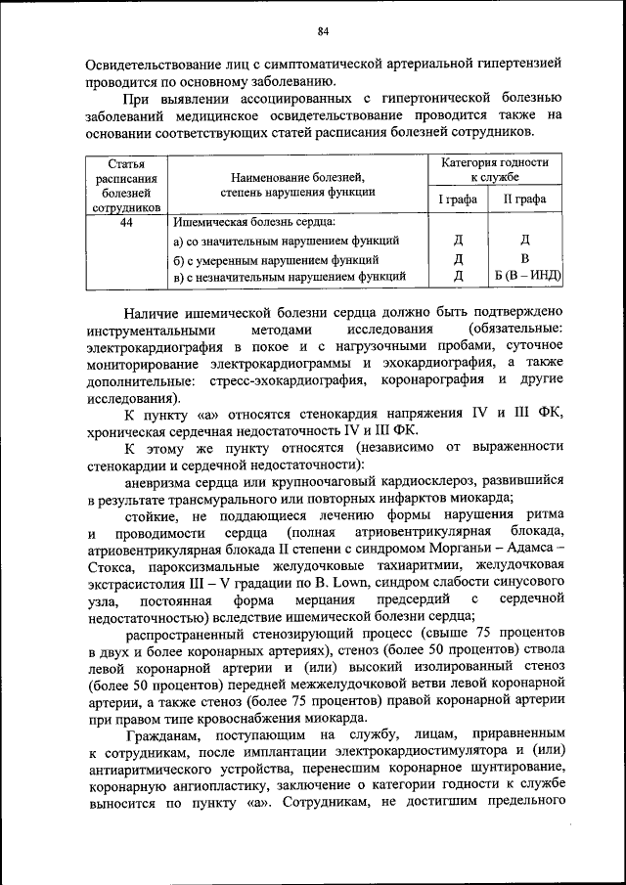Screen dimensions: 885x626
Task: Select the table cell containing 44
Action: tap(126, 223)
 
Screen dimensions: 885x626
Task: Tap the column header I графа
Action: tap(457, 199)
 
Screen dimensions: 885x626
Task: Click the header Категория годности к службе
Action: tap(493, 171)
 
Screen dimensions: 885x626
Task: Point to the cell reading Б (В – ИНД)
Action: tap(526, 277)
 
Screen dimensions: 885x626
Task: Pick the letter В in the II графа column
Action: tap(524, 259)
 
